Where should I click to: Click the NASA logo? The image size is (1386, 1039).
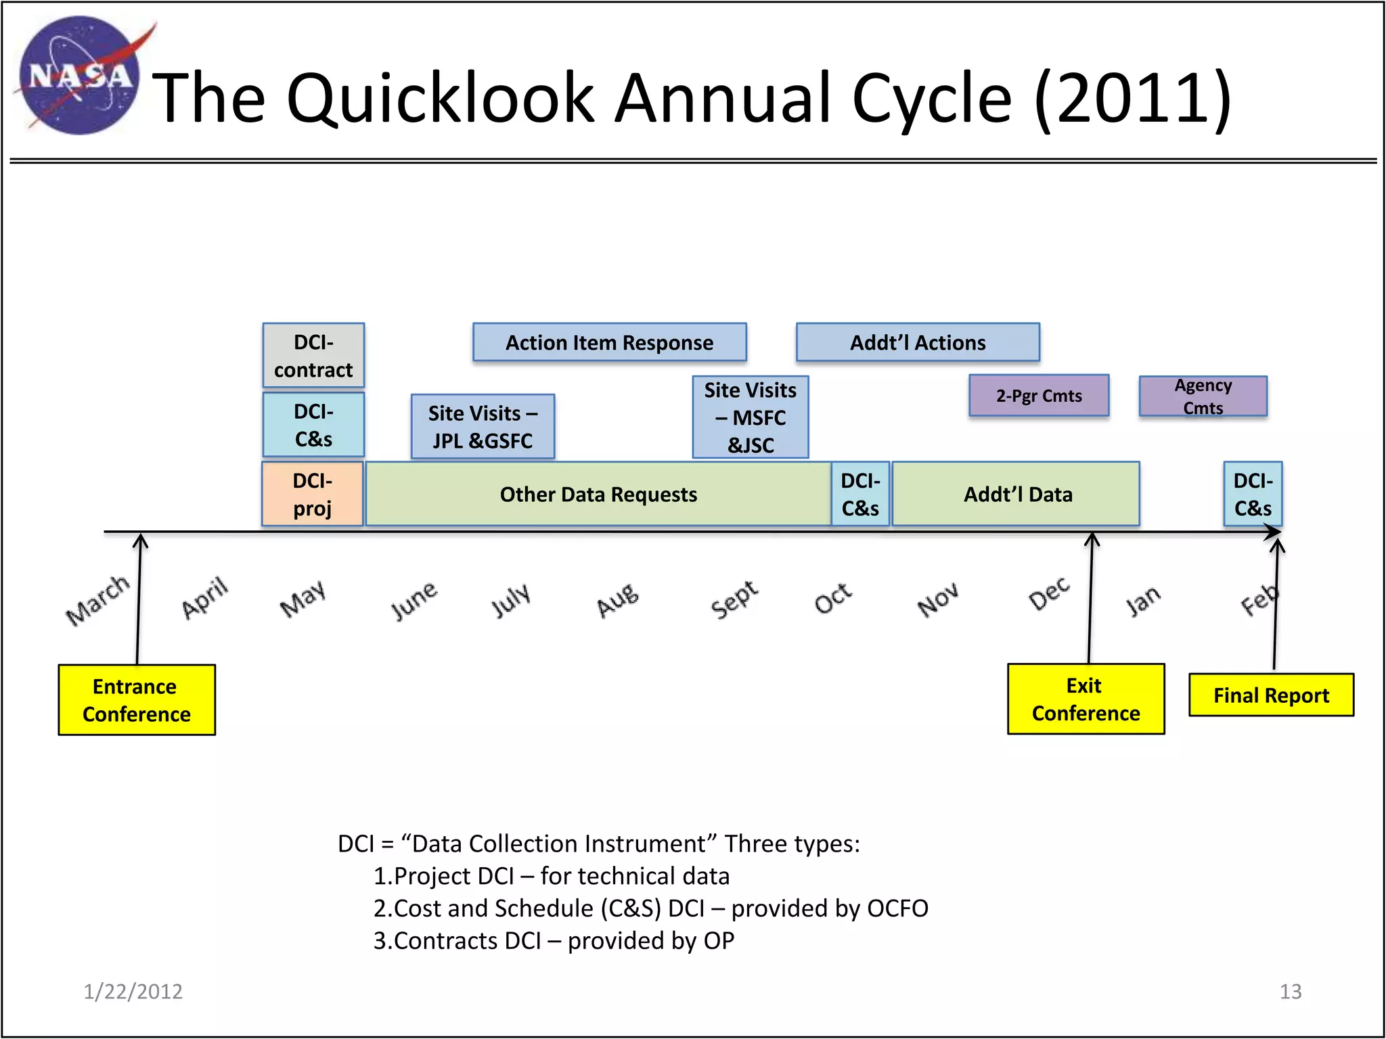click(80, 76)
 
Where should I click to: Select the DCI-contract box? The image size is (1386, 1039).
click(313, 356)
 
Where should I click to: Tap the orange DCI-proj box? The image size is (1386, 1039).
click(313, 494)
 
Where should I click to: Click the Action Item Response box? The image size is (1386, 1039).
click(609, 343)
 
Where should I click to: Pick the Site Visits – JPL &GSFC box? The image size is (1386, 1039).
click(483, 427)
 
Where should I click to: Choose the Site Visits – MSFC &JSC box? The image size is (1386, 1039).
click(750, 417)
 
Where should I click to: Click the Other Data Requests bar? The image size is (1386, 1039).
click(598, 494)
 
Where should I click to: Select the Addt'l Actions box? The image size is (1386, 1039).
click(918, 343)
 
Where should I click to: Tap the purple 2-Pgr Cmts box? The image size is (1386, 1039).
click(1039, 396)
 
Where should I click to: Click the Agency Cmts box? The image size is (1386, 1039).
click(1203, 396)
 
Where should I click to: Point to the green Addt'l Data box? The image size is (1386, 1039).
click(1016, 494)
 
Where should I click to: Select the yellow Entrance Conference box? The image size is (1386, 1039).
click(137, 700)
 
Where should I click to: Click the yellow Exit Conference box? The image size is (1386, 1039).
click(1086, 699)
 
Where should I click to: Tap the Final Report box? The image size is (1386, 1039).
click(1271, 695)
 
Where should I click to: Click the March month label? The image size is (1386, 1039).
click(97, 600)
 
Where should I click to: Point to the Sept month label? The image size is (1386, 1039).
click(734, 599)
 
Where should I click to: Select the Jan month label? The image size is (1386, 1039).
click(1143, 601)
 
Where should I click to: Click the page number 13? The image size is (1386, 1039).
click(1290, 992)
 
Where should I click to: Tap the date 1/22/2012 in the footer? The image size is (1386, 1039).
click(133, 992)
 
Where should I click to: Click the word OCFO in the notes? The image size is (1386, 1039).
click(897, 908)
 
